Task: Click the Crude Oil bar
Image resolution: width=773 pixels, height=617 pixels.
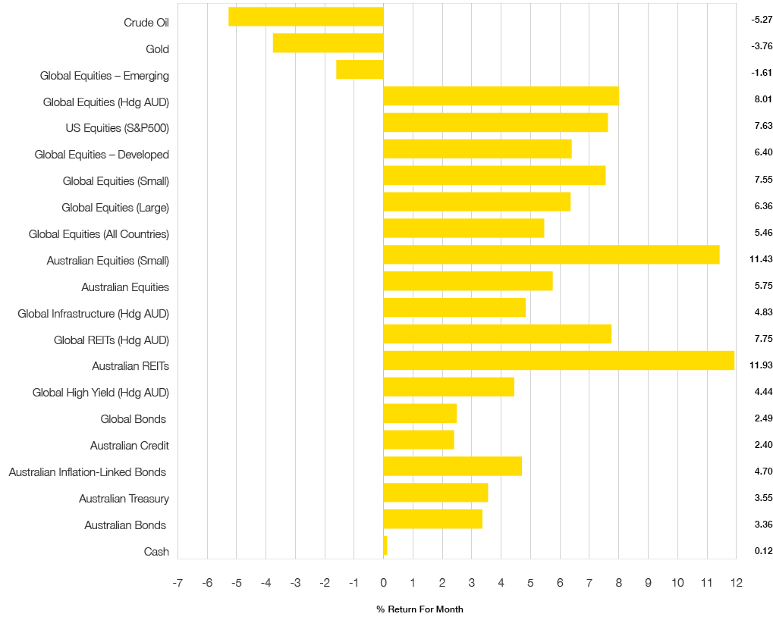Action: (x=306, y=17)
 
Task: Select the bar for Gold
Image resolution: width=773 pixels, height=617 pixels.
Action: (x=328, y=43)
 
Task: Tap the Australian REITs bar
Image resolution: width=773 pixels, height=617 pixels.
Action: (x=558, y=360)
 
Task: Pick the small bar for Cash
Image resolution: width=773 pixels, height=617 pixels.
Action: (x=385, y=546)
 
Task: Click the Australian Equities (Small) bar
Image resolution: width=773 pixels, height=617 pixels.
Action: (x=551, y=255)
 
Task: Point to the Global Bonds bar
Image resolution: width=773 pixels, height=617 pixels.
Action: (x=419, y=413)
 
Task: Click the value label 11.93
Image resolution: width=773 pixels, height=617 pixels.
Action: (x=761, y=365)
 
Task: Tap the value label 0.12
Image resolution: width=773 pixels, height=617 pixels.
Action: (x=763, y=551)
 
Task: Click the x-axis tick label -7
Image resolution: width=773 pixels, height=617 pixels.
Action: (x=178, y=583)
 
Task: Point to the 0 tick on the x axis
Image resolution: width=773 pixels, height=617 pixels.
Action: (x=383, y=583)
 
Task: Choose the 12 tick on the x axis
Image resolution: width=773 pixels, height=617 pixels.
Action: (x=736, y=583)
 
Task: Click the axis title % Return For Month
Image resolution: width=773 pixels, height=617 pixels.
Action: (x=419, y=609)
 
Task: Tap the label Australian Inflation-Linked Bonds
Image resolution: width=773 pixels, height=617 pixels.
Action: (x=87, y=472)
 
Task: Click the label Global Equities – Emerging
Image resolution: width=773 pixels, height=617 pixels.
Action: (x=105, y=76)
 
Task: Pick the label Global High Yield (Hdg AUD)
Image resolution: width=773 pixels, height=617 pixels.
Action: (x=101, y=393)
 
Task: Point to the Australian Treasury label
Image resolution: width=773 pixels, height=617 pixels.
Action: (x=124, y=499)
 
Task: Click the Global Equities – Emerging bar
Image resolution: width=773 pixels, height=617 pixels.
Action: (x=360, y=69)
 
